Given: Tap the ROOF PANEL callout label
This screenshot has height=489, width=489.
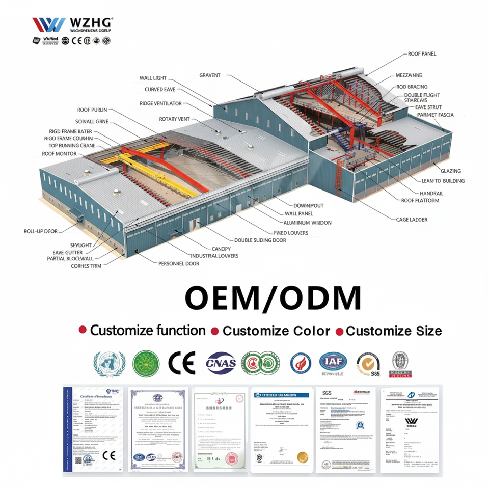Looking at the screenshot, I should pos(422,54).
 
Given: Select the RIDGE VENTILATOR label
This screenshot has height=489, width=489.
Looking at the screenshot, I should pos(160,103).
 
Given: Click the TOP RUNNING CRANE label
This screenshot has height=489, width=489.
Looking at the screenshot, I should pos(68,146).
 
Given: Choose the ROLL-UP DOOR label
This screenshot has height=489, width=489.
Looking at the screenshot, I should pos(40,231).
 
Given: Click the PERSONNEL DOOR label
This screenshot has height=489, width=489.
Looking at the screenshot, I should pos(178,264).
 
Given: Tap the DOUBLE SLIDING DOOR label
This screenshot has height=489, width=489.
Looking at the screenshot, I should pos(260,240).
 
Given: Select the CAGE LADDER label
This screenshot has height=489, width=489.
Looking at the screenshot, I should pos(412,220).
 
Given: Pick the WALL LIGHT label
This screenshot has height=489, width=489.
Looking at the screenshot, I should pos(152,78).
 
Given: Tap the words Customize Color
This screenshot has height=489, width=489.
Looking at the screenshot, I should pos(276,331).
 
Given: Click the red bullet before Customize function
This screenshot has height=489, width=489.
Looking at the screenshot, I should pos(82,331).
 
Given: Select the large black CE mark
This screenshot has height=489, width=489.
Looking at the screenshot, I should pos(182,363).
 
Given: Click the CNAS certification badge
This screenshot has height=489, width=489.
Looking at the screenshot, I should pos(221,363).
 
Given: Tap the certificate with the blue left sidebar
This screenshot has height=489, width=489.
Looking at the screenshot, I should pos(93,429).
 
